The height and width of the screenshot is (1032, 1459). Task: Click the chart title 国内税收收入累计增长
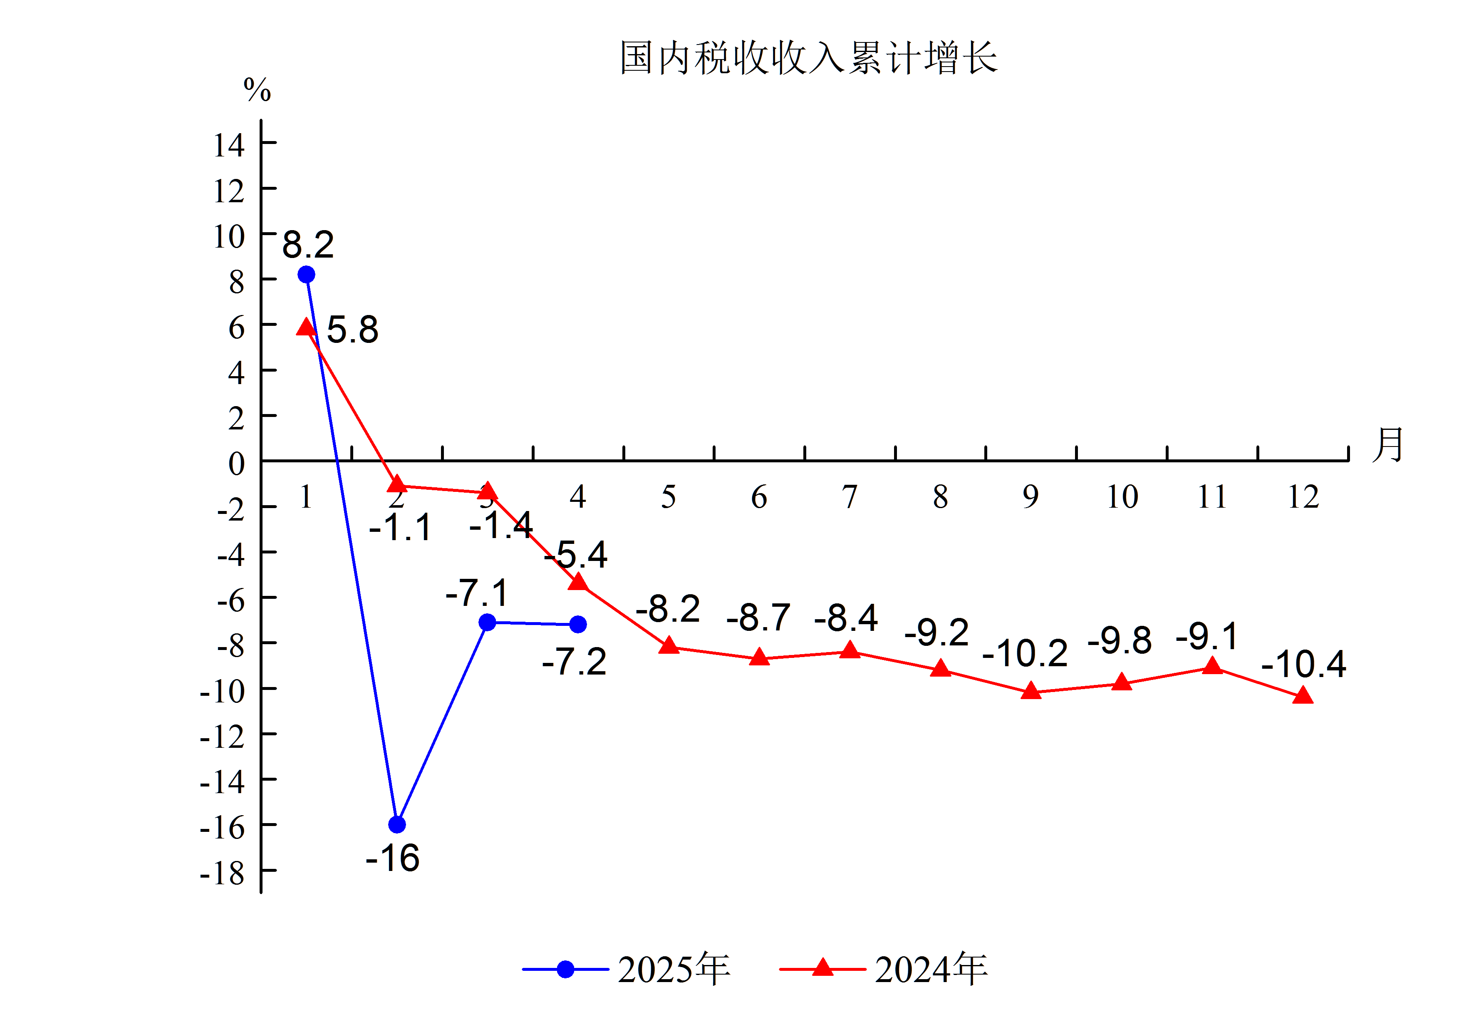pos(808,58)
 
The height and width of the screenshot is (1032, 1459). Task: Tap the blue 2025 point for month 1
pos(306,275)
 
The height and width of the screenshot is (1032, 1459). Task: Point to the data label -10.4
pos(1303,664)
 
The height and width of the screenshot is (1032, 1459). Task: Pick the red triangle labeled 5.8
pos(306,327)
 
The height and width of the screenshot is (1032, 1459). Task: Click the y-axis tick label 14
pos(229,146)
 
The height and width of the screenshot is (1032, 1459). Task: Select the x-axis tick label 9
pos(1031,496)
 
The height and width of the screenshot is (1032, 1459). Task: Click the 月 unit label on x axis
pos(1388,445)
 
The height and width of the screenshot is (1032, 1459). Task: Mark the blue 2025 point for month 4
pos(577,625)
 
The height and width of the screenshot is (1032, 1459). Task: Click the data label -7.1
pos(477,593)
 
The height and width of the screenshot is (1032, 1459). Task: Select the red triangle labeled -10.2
pos(1031,691)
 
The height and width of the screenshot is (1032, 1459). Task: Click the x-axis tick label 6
pos(759,496)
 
